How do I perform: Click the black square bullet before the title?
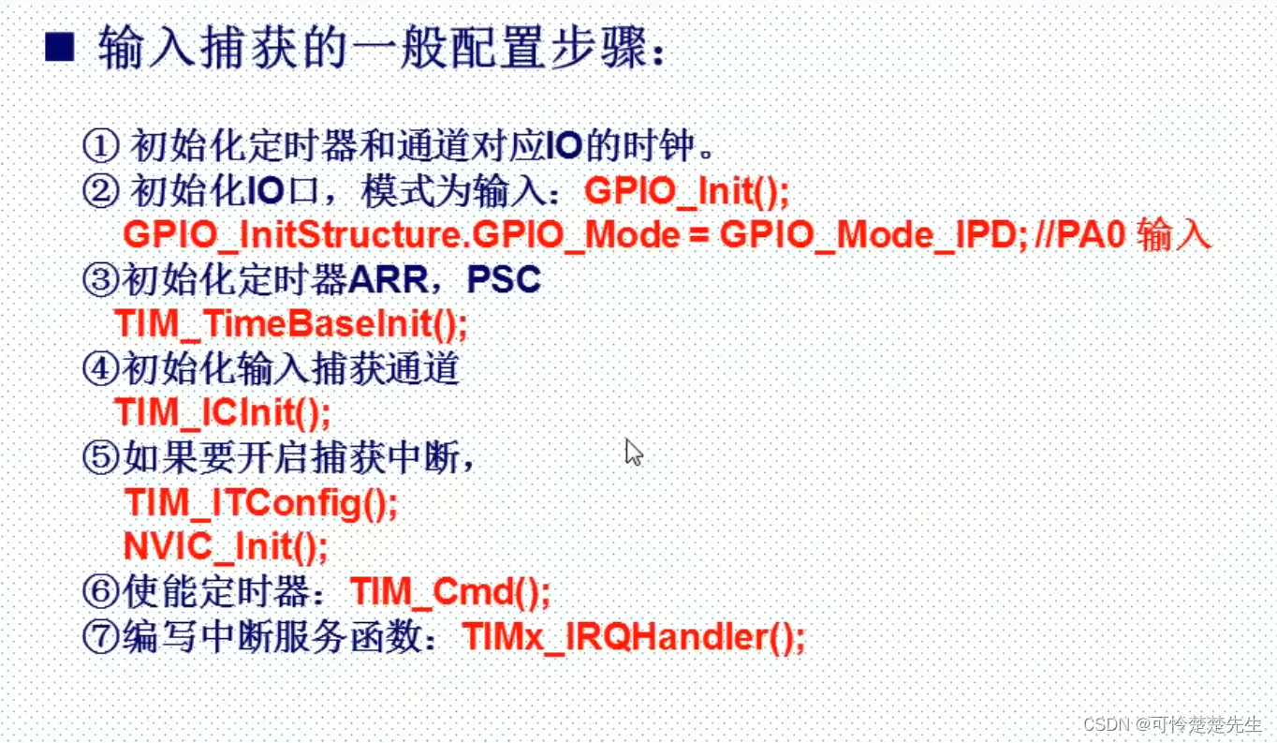pos(59,48)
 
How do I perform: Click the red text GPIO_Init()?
pos(687,191)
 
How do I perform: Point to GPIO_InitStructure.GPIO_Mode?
pos(402,235)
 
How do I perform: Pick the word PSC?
pos(504,280)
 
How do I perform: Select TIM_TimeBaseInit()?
pos(290,324)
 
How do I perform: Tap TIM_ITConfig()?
pos(260,503)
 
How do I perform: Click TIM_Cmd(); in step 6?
pos(450,592)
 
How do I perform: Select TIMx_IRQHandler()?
pos(634,638)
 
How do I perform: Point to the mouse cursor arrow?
pos(634,453)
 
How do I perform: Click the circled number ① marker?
pos(100,146)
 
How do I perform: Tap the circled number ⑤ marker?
pos(100,458)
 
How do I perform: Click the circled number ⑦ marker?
pos(100,638)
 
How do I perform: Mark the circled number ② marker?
pos(100,191)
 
